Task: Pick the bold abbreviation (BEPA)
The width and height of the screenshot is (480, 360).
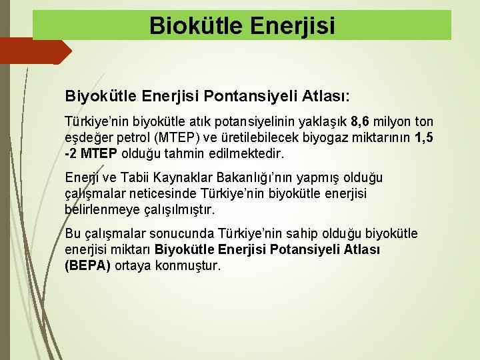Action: tap(88, 266)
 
